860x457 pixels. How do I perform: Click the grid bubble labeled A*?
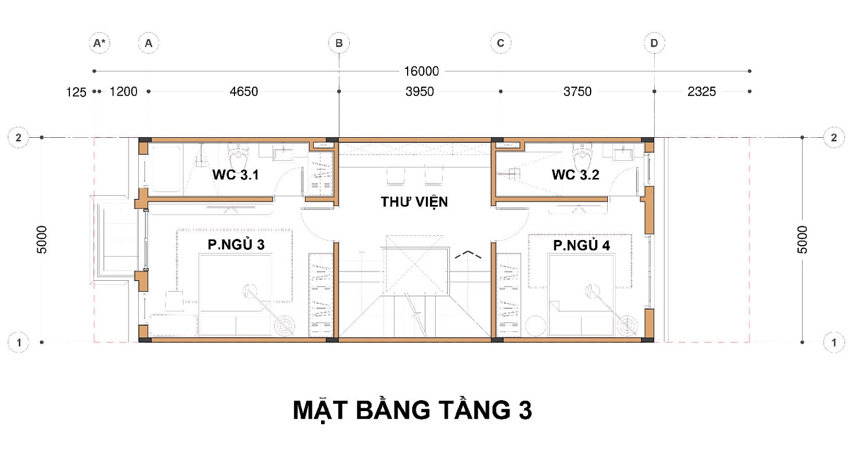point(99,43)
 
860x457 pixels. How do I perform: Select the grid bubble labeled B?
point(339,43)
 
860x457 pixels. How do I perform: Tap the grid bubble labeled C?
point(501,43)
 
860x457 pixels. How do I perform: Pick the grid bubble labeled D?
point(654,43)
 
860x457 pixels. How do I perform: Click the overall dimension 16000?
point(421,71)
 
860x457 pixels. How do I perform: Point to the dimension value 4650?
point(244,91)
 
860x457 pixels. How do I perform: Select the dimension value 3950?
point(420,91)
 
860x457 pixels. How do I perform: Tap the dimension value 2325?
point(701,91)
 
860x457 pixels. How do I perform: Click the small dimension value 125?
point(76,92)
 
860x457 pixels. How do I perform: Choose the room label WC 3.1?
point(235,175)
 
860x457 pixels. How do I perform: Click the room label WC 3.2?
point(576,175)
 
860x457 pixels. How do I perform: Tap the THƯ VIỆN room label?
point(415,202)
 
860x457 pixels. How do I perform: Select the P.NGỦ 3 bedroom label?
point(236,245)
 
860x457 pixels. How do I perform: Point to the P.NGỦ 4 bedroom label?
point(582,245)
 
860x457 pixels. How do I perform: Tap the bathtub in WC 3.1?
point(165,169)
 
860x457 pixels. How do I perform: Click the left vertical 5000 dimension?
point(41,240)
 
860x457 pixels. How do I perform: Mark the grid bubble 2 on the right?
point(834,138)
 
